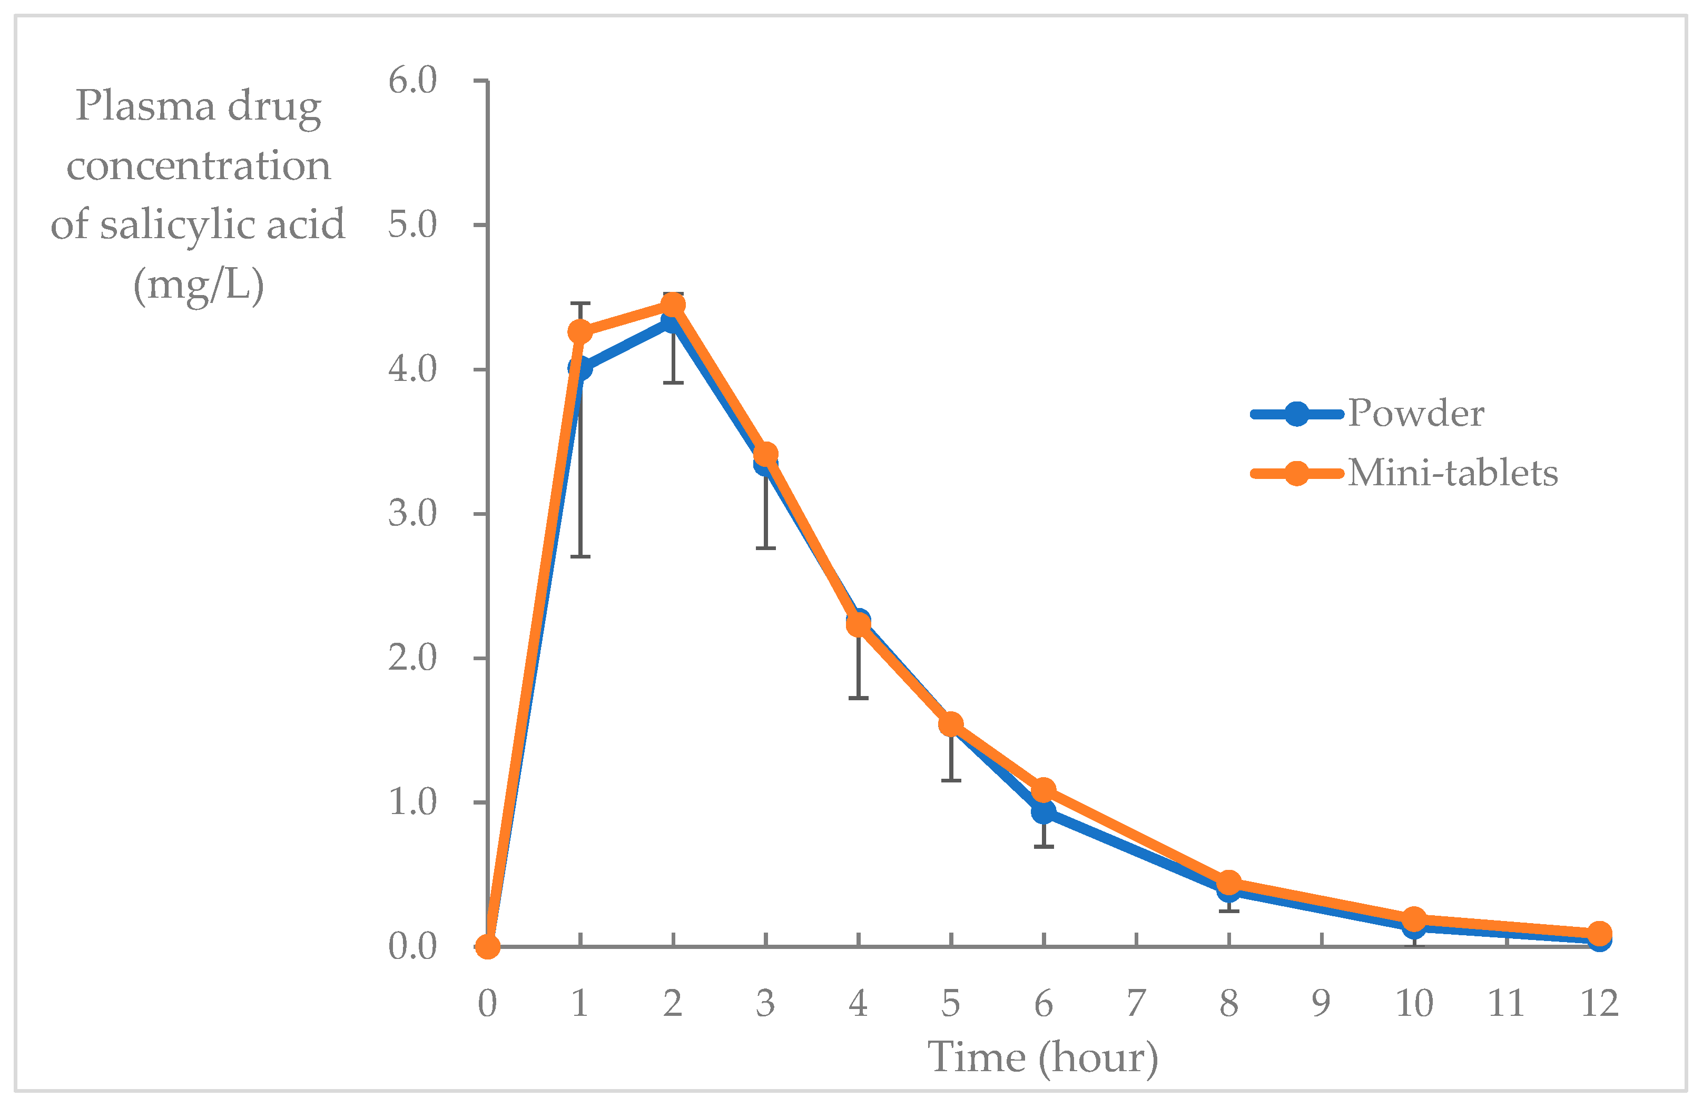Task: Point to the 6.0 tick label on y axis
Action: point(412,80)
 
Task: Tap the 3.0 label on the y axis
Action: point(412,513)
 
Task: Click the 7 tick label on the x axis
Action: point(1136,1003)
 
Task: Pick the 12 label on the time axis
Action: point(1599,1003)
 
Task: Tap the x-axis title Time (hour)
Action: point(1042,1057)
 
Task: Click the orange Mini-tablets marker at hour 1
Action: point(580,332)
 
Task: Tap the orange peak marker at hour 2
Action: point(673,306)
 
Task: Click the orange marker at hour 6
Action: point(1044,790)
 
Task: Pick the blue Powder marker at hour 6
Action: point(1044,812)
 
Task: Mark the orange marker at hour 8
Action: point(1228,883)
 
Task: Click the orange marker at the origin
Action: point(487,947)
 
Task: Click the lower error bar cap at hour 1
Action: point(580,556)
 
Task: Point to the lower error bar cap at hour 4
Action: point(859,698)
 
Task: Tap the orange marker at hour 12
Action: point(1599,933)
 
